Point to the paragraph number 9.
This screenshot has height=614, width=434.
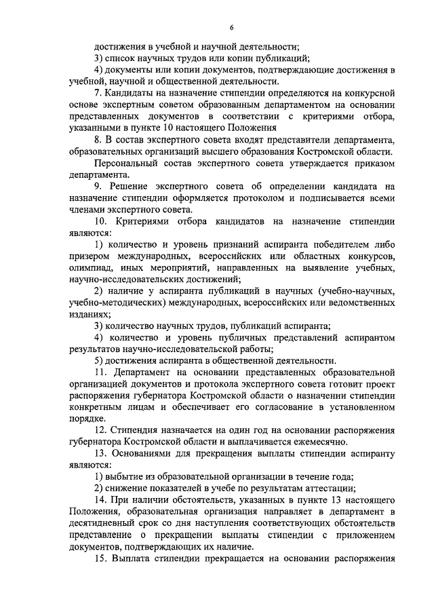[x=99, y=186]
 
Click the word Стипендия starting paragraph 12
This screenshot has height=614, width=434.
[x=136, y=431]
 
